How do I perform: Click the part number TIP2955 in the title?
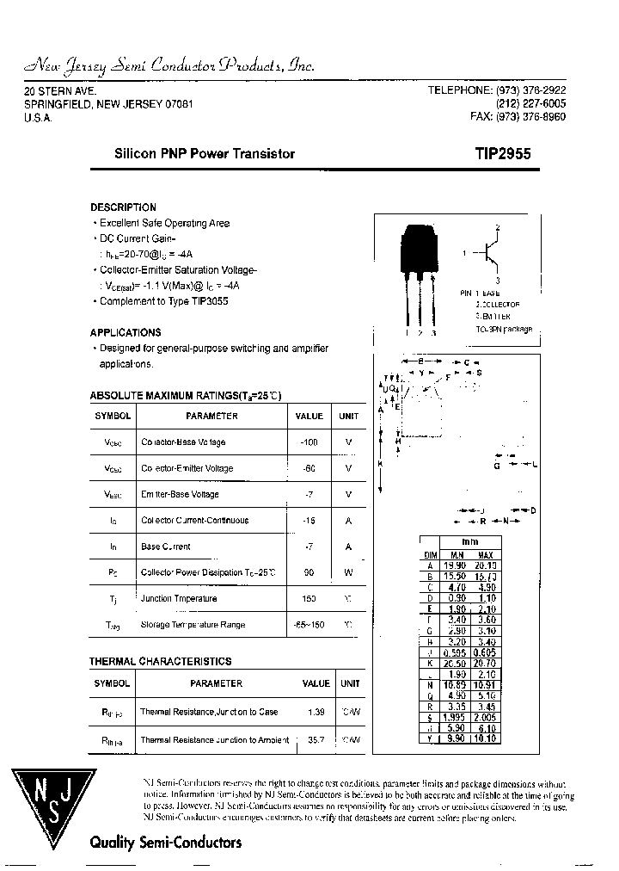click(x=503, y=154)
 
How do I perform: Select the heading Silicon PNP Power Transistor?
click(x=205, y=154)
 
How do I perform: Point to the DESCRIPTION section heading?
click(x=123, y=207)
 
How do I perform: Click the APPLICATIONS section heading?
click(x=126, y=332)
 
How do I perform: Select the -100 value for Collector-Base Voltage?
click(x=309, y=442)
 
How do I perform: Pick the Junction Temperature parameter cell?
click(x=179, y=598)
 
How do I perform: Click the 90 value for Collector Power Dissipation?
click(x=309, y=572)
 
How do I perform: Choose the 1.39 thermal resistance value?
click(x=316, y=712)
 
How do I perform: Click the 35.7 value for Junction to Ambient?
click(x=316, y=740)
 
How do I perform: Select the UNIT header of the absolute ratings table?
click(x=348, y=416)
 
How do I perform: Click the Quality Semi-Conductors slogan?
click(x=166, y=843)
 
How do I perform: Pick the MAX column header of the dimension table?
click(x=486, y=555)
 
